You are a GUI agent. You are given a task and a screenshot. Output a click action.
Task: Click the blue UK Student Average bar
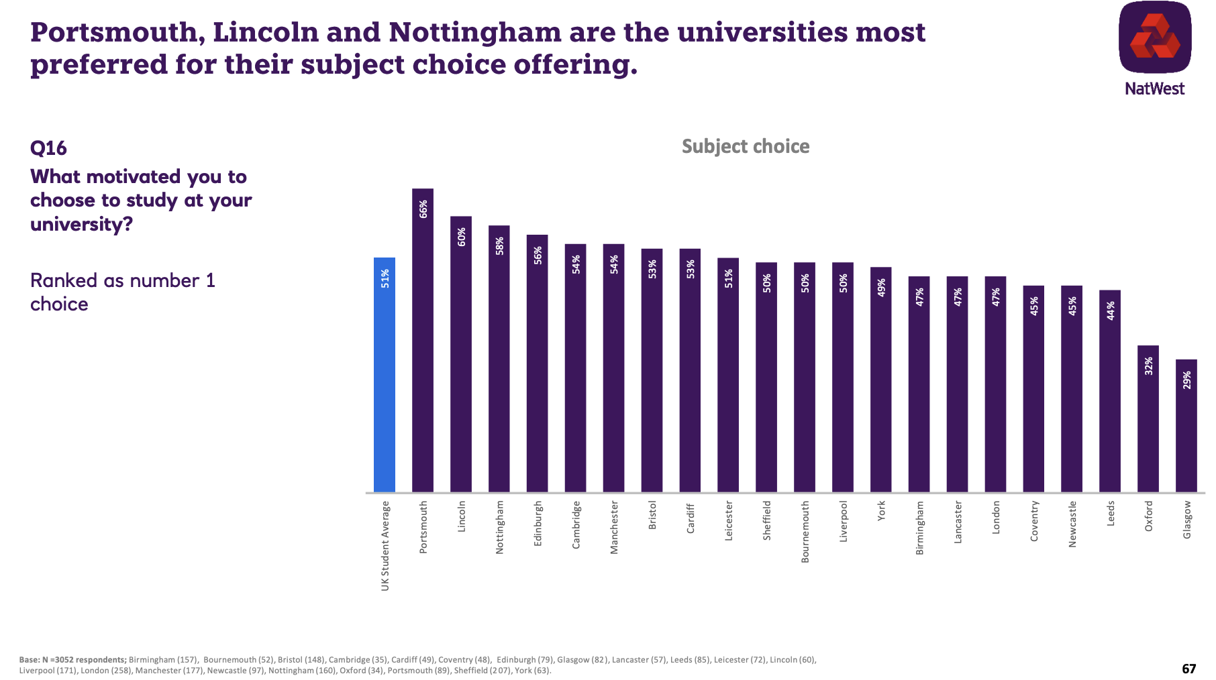click(385, 376)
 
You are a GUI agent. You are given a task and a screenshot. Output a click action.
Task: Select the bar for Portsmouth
click(423, 342)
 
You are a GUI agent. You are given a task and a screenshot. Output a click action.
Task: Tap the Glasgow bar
click(1186, 429)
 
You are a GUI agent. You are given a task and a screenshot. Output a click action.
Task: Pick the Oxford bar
click(1148, 422)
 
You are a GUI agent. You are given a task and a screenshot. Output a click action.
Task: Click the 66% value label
click(423, 209)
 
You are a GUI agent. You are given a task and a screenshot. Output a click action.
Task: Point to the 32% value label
click(1149, 366)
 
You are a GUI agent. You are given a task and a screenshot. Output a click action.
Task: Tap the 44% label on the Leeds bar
click(1111, 310)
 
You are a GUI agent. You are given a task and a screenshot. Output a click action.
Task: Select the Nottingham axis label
click(500, 527)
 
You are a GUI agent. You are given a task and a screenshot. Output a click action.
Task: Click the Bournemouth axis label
click(805, 532)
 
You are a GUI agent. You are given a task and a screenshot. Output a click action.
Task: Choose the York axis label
click(881, 510)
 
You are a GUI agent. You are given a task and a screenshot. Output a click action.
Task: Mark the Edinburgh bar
click(538, 365)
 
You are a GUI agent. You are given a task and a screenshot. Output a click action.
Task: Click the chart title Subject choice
click(746, 147)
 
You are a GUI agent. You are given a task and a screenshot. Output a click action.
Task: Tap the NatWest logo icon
click(1155, 38)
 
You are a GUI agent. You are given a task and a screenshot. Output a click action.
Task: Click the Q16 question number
click(48, 148)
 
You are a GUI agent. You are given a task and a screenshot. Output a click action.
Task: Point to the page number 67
click(1188, 669)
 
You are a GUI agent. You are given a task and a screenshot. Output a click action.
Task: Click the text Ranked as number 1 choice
click(123, 292)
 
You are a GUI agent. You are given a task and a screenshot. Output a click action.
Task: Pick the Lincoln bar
click(461, 355)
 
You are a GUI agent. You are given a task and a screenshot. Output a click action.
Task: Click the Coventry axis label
click(1034, 521)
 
